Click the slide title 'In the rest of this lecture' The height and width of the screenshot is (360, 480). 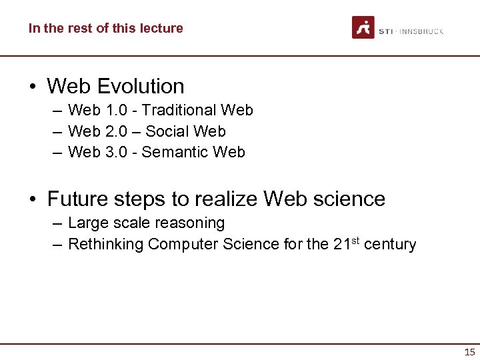point(105,28)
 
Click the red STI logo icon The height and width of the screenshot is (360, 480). point(363,28)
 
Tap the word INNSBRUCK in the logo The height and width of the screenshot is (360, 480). point(421,31)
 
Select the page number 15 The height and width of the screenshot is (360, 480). point(469,352)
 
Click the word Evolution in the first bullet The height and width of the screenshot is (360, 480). point(140,86)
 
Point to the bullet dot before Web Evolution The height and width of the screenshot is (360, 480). point(33,87)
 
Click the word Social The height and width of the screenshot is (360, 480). point(169,131)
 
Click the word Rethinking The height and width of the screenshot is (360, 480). point(105,244)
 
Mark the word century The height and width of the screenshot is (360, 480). point(390,245)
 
